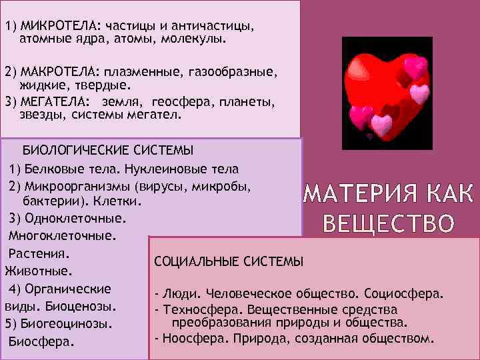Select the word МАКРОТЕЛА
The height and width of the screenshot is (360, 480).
[x=58, y=71]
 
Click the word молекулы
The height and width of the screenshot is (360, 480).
[x=199, y=39]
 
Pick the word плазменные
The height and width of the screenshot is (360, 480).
[x=141, y=71]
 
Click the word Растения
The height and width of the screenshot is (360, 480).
[x=39, y=253]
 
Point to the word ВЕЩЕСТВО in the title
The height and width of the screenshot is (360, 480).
[x=389, y=223]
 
